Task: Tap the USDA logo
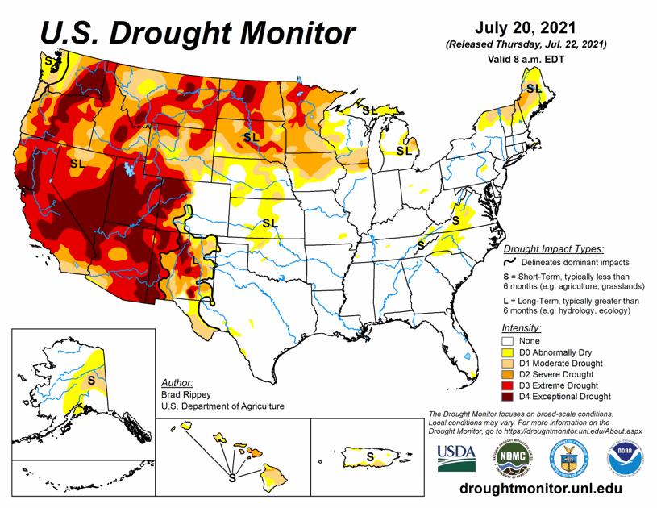(x=456, y=457)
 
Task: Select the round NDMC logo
(x=512, y=457)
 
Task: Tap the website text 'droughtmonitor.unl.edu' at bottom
(x=540, y=489)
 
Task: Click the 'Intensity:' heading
(x=522, y=328)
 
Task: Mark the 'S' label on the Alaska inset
(x=91, y=379)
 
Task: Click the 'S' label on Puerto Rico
(x=370, y=456)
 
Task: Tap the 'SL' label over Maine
(x=534, y=88)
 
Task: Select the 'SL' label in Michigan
(x=404, y=150)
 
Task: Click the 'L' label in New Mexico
(x=194, y=260)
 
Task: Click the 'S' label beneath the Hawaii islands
(x=232, y=477)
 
